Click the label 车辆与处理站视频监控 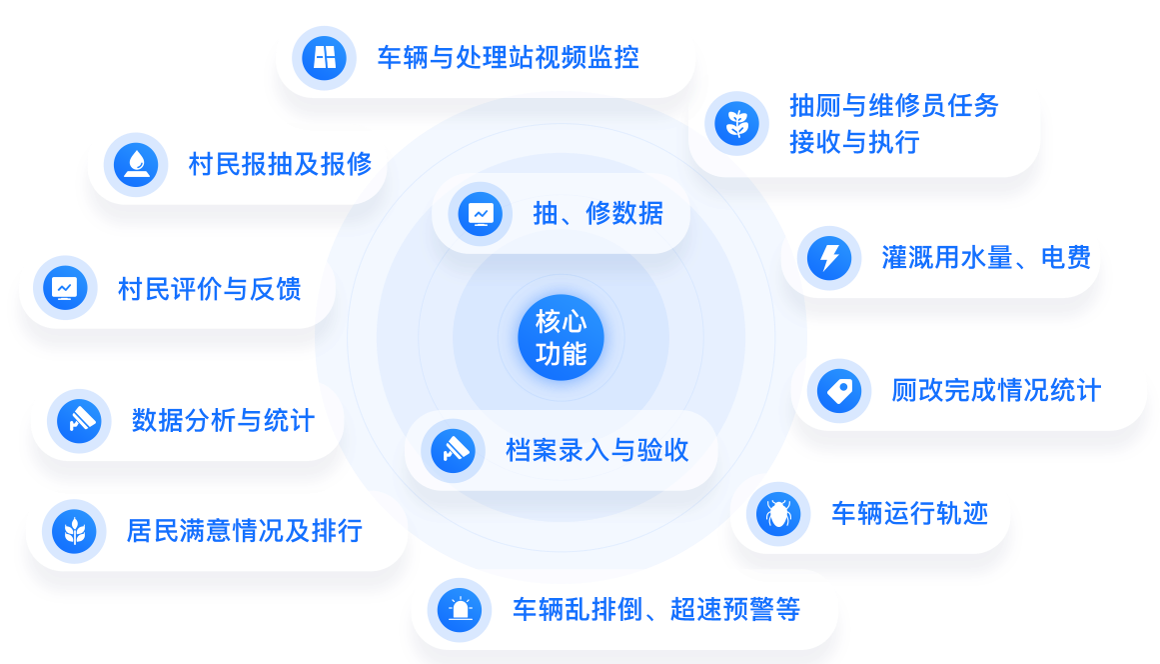click(508, 57)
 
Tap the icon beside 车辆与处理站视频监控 click(325, 57)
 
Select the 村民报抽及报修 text click(280, 164)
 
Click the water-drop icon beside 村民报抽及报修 click(136, 164)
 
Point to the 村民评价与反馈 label click(210, 289)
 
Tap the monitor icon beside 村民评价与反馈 click(65, 289)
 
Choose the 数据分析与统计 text click(223, 420)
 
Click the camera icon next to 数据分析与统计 click(79, 420)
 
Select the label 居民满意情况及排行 click(244, 530)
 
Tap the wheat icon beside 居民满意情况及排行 click(75, 530)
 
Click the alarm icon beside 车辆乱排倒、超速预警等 click(460, 609)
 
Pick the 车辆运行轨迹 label click(909, 514)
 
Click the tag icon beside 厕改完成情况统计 click(837, 390)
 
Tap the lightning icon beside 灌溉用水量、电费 click(828, 258)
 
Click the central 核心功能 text click(561, 337)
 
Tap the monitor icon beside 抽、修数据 click(481, 213)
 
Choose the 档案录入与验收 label click(596, 450)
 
